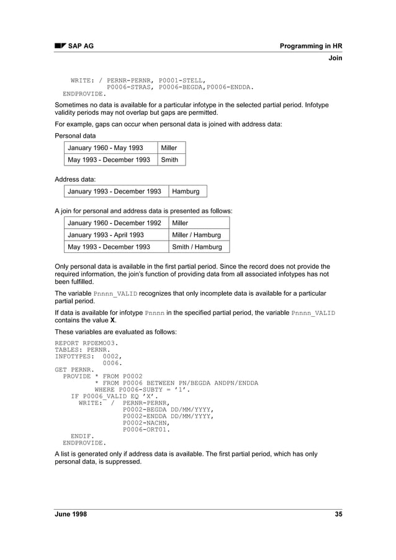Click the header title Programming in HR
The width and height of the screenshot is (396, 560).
click(310, 46)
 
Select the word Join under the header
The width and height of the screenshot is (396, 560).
click(335, 58)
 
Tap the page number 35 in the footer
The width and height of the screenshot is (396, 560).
click(338, 514)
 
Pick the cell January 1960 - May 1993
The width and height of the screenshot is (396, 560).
click(106, 148)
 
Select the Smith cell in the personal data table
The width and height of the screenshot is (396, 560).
click(169, 160)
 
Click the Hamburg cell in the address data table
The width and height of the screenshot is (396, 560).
click(186, 191)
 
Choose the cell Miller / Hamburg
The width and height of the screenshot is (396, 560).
click(197, 235)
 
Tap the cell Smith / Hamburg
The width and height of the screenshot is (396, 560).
click(197, 247)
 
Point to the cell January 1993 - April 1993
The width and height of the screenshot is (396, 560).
click(106, 235)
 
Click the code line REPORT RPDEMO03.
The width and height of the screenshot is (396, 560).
click(86, 342)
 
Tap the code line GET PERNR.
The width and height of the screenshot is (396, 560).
click(74, 370)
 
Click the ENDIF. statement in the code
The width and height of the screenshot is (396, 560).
click(83, 437)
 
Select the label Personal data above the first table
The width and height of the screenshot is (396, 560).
click(75, 135)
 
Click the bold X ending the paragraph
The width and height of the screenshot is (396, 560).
click(112, 320)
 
